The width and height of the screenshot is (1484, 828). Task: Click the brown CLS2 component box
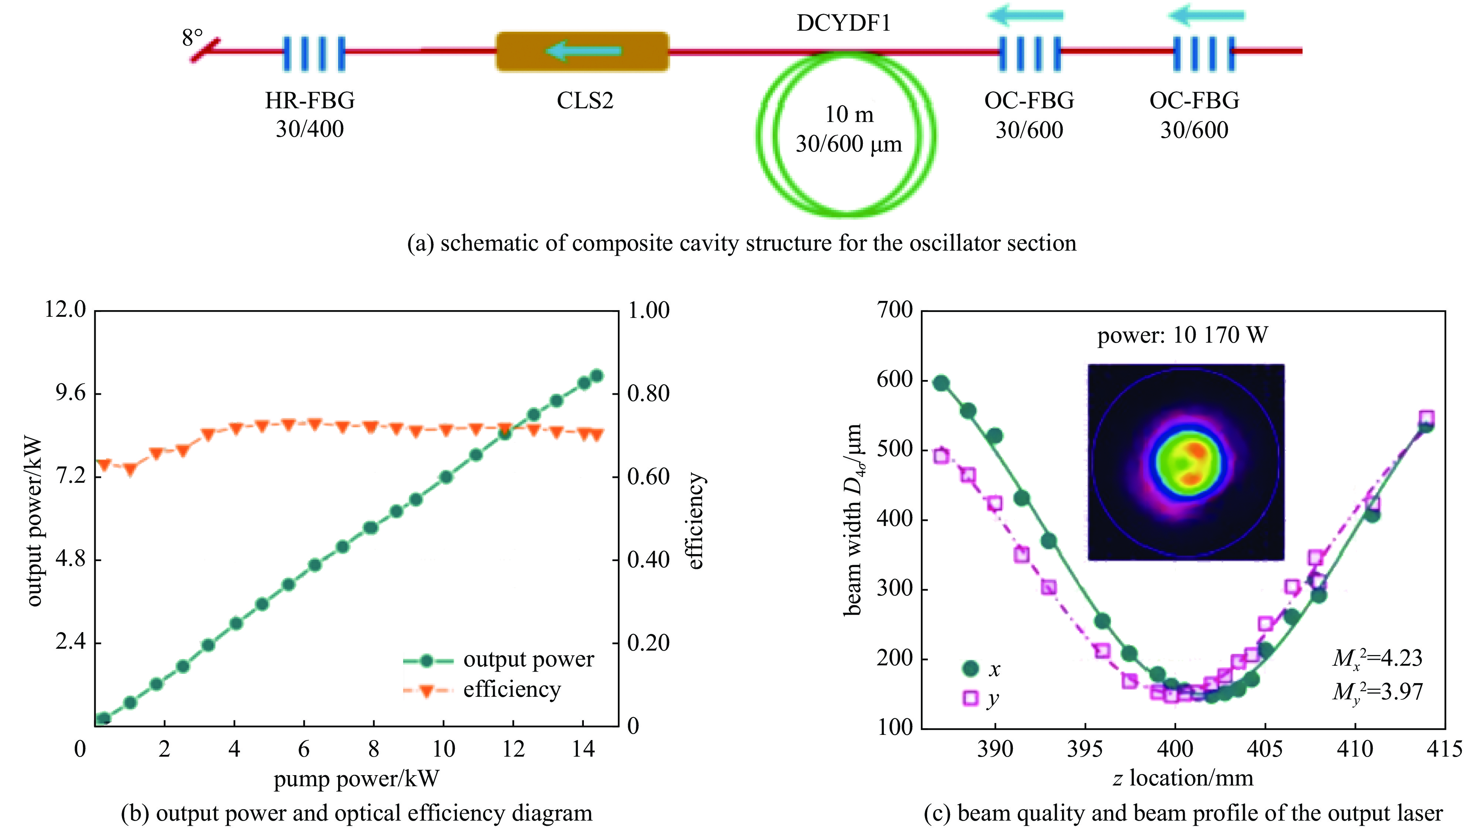pos(582,52)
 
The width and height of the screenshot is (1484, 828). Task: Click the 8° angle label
pos(193,38)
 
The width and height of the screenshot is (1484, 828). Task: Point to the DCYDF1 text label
pos(844,23)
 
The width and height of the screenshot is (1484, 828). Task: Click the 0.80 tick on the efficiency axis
pos(649,394)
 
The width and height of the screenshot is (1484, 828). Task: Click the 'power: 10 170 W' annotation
pos(1182,335)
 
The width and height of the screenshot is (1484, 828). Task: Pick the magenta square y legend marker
pos(971,698)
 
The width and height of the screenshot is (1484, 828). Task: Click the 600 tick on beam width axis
pos(895,380)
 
